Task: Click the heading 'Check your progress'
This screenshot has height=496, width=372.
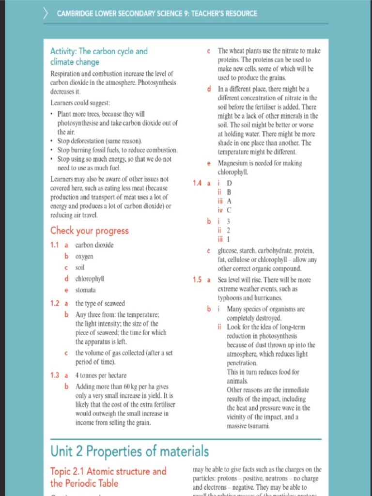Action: [x=89, y=231]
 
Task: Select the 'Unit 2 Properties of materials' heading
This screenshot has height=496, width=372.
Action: [x=130, y=451]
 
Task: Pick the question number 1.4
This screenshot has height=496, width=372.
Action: [x=197, y=183]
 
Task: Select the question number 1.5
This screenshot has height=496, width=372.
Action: [x=197, y=280]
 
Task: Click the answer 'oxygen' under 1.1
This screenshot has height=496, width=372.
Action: [x=84, y=256]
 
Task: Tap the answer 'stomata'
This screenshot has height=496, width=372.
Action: [x=85, y=290]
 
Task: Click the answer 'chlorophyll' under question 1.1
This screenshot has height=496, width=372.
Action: [x=90, y=279]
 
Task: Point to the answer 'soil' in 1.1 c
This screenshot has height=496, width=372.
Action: [x=80, y=267]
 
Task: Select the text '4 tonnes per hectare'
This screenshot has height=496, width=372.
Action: [x=101, y=375]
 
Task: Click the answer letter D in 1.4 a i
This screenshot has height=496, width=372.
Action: [x=229, y=183]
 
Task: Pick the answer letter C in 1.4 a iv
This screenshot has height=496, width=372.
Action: [x=229, y=210]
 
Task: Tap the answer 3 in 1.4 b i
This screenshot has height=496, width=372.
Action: [x=229, y=222]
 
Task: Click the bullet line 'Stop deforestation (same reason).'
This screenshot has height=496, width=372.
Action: [x=99, y=141]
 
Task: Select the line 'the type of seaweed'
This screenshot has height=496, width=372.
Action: [x=100, y=304]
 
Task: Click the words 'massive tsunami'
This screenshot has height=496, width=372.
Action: [x=248, y=426]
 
